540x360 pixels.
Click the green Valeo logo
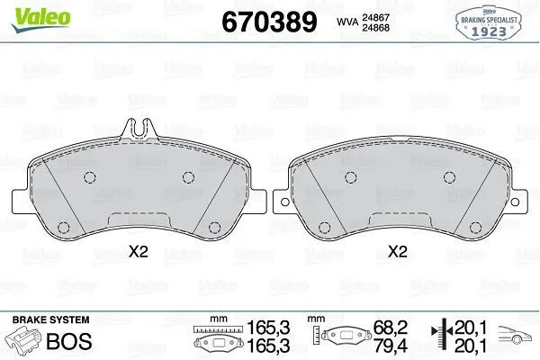pos(40,19)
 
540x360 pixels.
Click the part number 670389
pos(269,22)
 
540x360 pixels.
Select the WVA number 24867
pos(375,17)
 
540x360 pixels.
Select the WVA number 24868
pos(375,28)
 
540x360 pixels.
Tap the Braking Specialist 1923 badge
pos(489,22)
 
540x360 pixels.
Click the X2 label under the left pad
pos(139,252)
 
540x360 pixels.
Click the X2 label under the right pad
pos(398,252)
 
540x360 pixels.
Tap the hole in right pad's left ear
pos(284,202)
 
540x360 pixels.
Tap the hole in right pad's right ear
pos(515,202)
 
